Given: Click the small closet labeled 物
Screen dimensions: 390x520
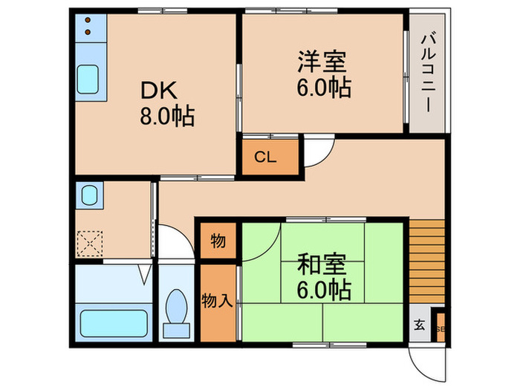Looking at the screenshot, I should tap(218, 241).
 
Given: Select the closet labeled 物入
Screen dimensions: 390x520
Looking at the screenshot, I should tap(218, 301).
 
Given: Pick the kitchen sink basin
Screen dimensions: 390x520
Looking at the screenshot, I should tap(91, 78).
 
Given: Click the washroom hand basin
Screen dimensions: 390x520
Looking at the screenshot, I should tap(89, 196).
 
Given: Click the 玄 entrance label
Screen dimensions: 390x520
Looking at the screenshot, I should tap(419, 325).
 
